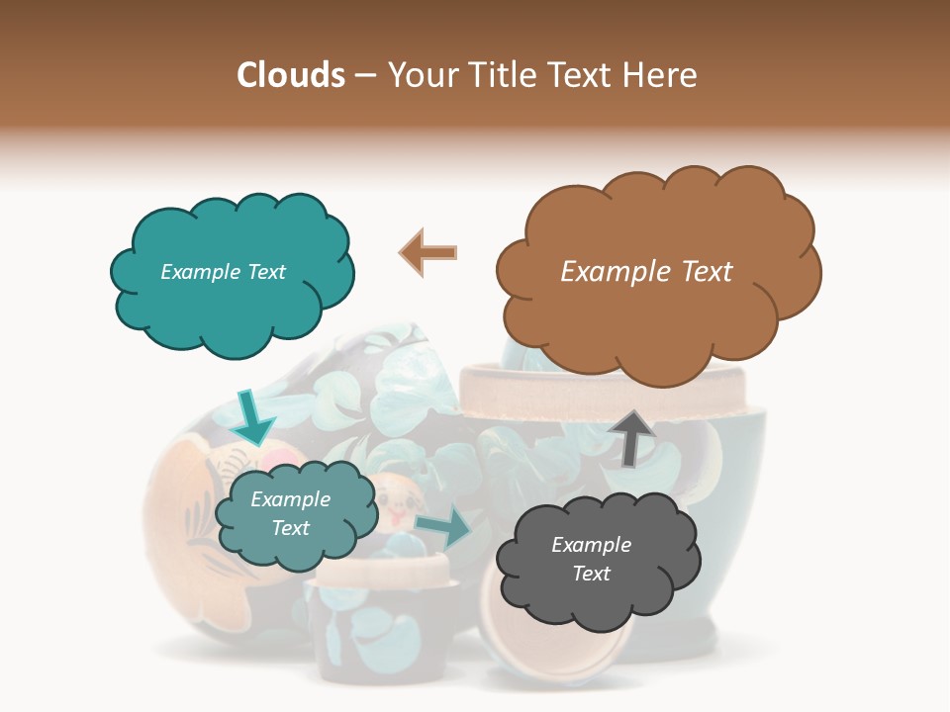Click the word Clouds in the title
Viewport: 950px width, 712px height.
pyautogui.click(x=291, y=75)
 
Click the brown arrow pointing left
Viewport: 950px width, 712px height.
pyautogui.click(x=427, y=252)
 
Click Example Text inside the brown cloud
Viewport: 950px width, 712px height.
pyautogui.click(x=646, y=272)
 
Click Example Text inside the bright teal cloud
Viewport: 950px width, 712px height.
pyautogui.click(x=223, y=272)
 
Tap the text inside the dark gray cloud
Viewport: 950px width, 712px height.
pyautogui.click(x=591, y=559)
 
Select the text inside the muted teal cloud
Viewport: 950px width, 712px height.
pyautogui.click(x=290, y=513)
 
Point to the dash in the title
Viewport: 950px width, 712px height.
pyautogui.click(x=364, y=76)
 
